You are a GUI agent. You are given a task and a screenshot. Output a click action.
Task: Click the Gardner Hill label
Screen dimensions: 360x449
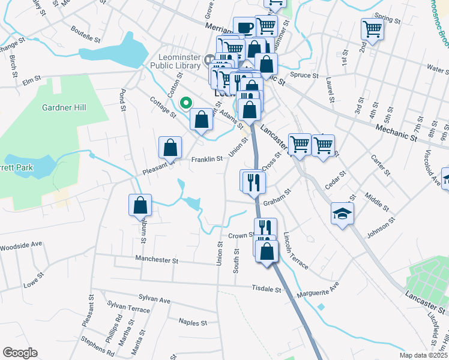(64, 107)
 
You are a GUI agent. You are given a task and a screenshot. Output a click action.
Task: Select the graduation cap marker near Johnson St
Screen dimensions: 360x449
(342, 214)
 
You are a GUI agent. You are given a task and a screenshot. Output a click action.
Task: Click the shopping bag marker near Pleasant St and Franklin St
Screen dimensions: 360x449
(170, 147)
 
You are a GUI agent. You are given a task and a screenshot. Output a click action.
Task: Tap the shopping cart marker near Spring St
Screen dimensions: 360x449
(372, 28)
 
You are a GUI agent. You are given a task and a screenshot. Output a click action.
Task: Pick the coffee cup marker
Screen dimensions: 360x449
(244, 27)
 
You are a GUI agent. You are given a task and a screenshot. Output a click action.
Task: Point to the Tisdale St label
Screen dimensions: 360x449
(267, 289)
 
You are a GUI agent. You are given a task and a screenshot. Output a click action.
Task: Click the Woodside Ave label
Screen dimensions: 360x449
(20, 245)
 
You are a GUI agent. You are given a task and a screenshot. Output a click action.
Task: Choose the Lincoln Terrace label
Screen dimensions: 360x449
(295, 250)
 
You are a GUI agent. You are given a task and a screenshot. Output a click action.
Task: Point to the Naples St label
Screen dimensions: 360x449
(193, 322)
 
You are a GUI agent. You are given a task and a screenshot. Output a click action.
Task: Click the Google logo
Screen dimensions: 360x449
(20, 353)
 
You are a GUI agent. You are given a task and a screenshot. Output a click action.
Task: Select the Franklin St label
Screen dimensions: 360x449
(206, 159)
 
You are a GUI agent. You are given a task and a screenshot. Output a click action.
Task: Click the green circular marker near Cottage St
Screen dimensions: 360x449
(187, 103)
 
